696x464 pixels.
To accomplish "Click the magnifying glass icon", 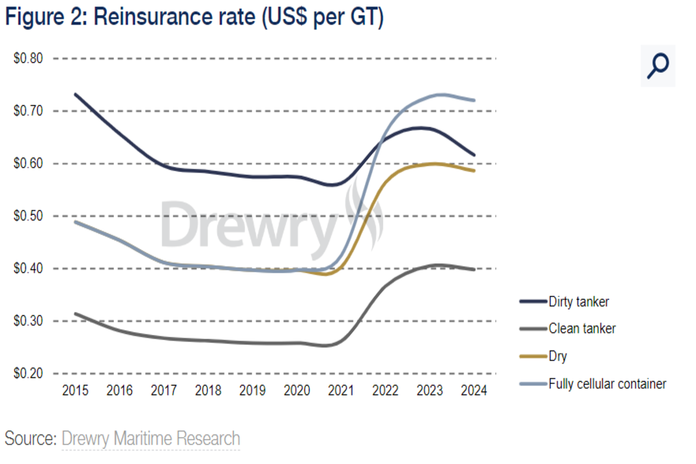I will [x=658, y=66].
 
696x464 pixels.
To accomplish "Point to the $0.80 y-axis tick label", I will [x=28, y=59].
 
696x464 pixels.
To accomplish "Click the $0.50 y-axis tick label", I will [x=28, y=216].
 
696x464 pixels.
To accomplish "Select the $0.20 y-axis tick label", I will [x=28, y=374].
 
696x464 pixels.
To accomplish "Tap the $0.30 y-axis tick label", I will [x=28, y=321].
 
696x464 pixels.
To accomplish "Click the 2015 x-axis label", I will [x=75, y=390].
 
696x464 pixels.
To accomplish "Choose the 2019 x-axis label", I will [x=252, y=390].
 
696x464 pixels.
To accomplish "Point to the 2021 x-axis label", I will [x=341, y=390].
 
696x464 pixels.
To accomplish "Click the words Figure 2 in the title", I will [x=44, y=17].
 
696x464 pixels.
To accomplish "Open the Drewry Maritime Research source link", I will [x=151, y=439].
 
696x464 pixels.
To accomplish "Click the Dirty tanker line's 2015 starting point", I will [x=76, y=94].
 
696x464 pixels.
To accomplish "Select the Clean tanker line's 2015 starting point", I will [x=76, y=313].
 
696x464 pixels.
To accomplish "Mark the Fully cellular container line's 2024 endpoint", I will [x=474, y=100].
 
